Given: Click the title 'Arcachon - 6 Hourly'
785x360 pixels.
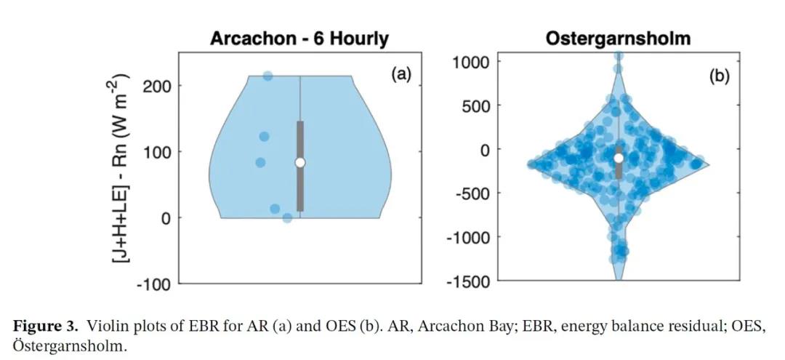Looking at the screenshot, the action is pyautogui.click(x=299, y=39).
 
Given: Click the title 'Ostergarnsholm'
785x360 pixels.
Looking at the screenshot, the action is pyautogui.click(x=618, y=39).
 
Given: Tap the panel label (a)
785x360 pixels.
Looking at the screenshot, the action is pyautogui.click(x=400, y=74).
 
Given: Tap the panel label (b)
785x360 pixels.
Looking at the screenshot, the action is pyautogui.click(x=719, y=76).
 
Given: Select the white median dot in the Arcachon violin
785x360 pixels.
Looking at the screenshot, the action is pyautogui.click(x=300, y=162).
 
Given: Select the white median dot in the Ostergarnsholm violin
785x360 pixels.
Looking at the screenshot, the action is pyautogui.click(x=619, y=158).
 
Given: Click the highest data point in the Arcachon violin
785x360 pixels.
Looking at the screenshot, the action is pyautogui.click(x=267, y=76).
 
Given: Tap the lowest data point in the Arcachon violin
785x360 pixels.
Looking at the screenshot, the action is pyautogui.click(x=287, y=217).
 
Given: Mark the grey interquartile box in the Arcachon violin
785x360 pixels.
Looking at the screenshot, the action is pyautogui.click(x=300, y=167).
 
